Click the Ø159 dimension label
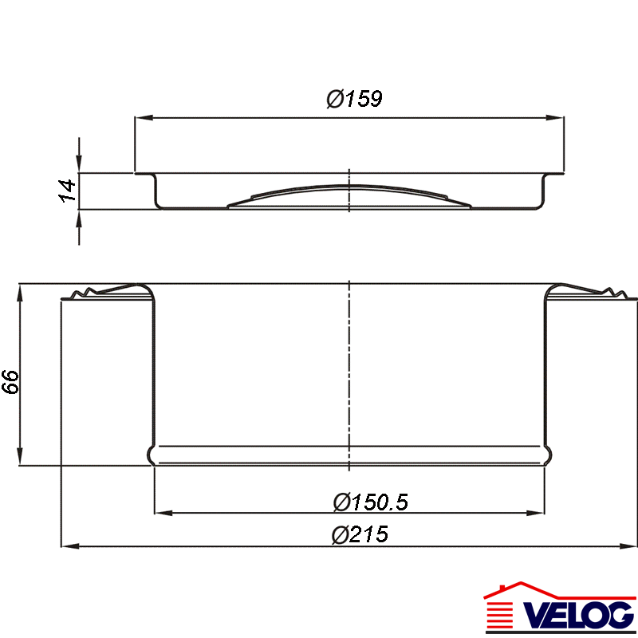(354, 99)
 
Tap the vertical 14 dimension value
(67, 191)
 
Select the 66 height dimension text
(10, 382)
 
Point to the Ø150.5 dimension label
(370, 502)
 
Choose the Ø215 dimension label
(360, 534)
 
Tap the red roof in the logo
(560, 591)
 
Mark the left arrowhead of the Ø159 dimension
(144, 117)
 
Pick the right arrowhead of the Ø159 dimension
(554, 117)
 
